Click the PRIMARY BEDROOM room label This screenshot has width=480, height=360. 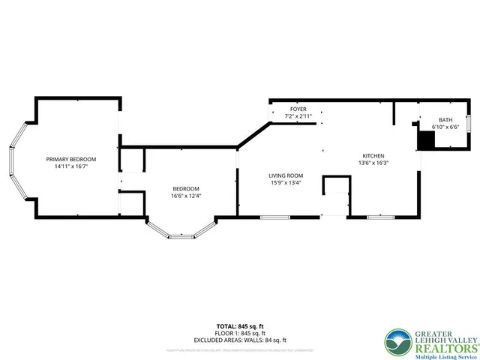pyautogui.click(x=71, y=159)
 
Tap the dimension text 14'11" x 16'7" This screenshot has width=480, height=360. pyautogui.click(x=71, y=166)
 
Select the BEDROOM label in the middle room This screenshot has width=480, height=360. pyautogui.click(x=186, y=188)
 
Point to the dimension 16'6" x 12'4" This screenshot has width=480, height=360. pyautogui.click(x=186, y=196)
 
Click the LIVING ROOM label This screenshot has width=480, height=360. pyautogui.click(x=285, y=174)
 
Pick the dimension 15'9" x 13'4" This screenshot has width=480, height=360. pyautogui.click(x=285, y=181)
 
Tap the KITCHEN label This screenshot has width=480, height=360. pyautogui.click(x=373, y=154)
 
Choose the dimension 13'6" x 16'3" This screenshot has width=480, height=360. pyautogui.click(x=373, y=162)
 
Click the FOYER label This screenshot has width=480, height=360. pyautogui.click(x=298, y=109)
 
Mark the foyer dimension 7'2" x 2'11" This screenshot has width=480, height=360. pyautogui.click(x=298, y=116)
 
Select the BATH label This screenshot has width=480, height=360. pyautogui.click(x=445, y=120)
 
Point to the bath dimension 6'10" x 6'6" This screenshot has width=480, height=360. pyautogui.click(x=445, y=127)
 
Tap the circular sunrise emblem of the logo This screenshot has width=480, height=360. pyautogui.click(x=397, y=343)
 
